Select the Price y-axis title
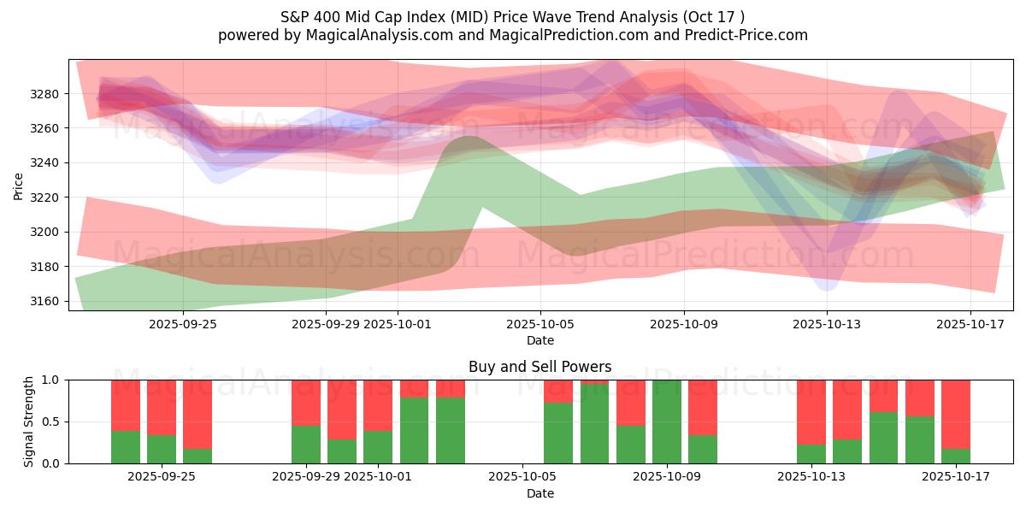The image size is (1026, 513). click(x=19, y=186)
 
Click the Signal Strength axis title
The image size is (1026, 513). click(x=28, y=422)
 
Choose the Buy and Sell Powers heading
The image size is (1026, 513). click(x=540, y=367)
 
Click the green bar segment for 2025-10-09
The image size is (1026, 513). click(x=667, y=422)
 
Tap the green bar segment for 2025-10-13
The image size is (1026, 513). click(x=811, y=454)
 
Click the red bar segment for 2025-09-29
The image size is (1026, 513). click(x=306, y=402)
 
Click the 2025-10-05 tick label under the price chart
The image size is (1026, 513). click(x=540, y=324)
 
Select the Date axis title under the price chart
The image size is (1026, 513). click(x=540, y=340)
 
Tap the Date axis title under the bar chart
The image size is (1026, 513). click(x=540, y=493)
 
